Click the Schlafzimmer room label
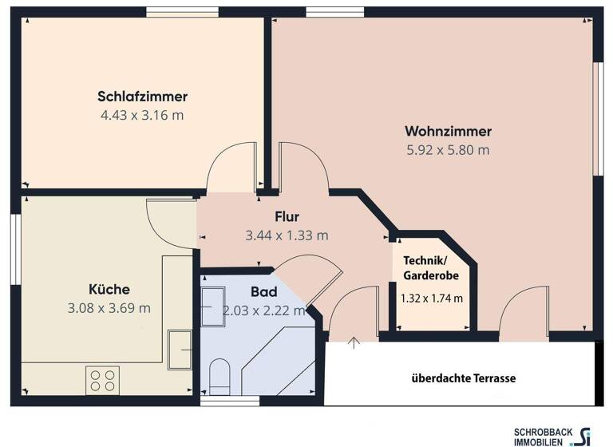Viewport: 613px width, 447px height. [142, 97]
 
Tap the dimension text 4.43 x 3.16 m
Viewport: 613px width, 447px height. [142, 115]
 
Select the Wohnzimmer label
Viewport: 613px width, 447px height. [448, 131]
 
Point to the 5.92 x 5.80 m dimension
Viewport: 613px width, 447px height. [448, 149]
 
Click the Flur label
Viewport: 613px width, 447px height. [287, 216]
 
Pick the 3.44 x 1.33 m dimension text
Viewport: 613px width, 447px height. [287, 235]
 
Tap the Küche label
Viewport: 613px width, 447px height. [109, 289]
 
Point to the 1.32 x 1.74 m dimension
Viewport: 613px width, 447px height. [432, 299]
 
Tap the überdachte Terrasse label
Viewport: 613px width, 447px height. [464, 378]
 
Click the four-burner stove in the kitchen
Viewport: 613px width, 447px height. [102, 380]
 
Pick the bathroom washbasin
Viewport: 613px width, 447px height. [213, 307]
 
